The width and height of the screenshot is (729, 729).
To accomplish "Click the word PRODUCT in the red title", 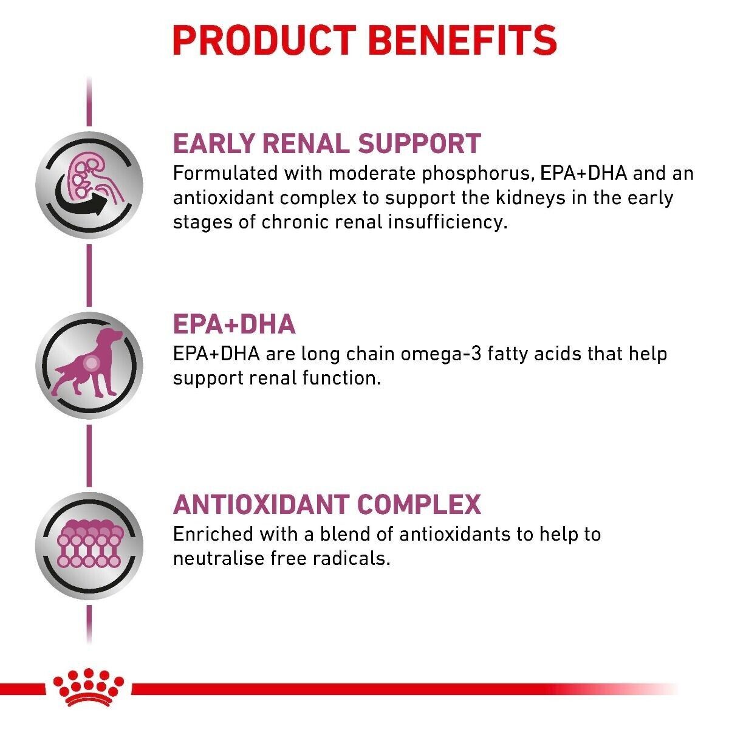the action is point(264,41).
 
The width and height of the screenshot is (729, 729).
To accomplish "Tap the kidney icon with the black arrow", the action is point(89,185).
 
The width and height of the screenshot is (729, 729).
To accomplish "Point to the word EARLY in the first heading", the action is point(213,143).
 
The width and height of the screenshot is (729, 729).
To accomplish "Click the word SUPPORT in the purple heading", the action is point(419,143).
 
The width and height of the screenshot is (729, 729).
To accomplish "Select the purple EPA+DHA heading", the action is point(234,324).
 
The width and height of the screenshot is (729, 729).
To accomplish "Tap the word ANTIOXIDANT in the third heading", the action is point(261,504).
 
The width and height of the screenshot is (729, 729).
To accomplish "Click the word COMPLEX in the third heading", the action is point(419,504).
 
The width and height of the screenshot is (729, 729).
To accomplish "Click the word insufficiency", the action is point(448,222).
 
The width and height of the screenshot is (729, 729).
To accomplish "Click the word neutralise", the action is point(219,559).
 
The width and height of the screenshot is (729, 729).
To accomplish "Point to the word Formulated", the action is point(225,174).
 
